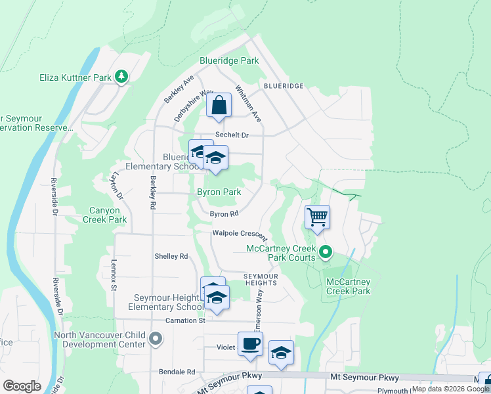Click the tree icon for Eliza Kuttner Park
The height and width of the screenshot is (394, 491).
tap(121, 77)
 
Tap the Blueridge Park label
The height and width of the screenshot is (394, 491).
tap(229, 60)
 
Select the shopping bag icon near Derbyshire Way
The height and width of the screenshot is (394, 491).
tap(219, 106)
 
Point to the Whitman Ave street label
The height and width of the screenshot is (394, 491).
tap(249, 103)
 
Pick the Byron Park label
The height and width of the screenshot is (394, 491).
tap(219, 192)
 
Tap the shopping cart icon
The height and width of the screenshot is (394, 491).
tap(317, 216)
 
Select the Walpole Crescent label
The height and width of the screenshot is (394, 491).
tap(240, 234)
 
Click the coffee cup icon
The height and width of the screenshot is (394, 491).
tap(249, 344)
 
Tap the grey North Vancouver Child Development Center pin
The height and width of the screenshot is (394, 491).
tap(155, 339)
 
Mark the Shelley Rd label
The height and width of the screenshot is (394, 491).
tap(171, 256)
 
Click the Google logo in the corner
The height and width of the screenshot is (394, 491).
tap(22, 386)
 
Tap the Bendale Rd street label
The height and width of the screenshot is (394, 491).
tap(177, 372)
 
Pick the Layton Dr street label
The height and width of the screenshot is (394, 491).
tap(117, 186)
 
